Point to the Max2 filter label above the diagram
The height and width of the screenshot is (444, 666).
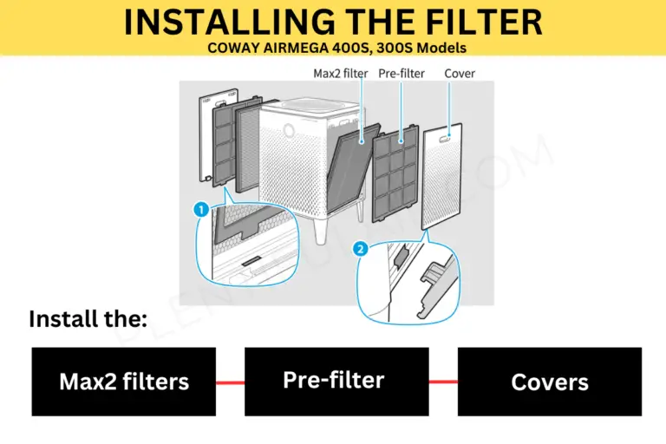point(341,74)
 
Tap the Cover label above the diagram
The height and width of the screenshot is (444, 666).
point(460,74)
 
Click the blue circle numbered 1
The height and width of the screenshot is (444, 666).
point(201,209)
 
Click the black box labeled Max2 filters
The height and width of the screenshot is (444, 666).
point(124,382)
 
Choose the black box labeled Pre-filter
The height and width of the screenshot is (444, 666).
point(336,382)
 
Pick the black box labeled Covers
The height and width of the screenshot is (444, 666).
point(550,382)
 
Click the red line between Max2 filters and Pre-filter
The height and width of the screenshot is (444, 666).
point(230,382)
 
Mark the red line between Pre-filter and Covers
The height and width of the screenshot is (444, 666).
point(443,382)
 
